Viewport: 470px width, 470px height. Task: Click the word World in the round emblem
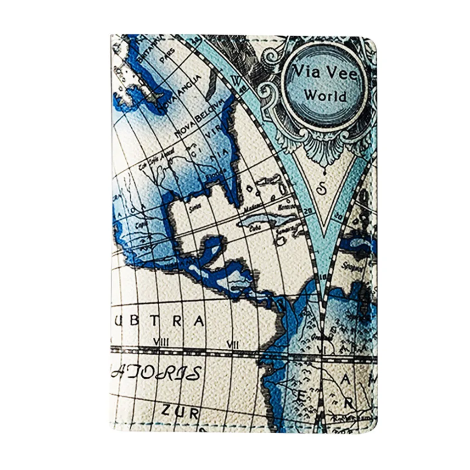click(325, 96)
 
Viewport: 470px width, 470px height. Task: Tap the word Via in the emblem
click(305, 73)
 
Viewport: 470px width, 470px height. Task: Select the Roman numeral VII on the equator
click(233, 343)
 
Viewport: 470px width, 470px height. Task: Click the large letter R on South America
click(349, 403)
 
